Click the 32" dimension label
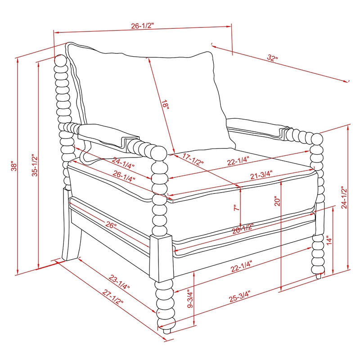[x=272, y=58]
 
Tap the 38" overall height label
[x=14, y=165]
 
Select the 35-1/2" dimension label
[x=35, y=165]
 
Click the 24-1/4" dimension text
[x=123, y=163]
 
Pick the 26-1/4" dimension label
[x=124, y=176]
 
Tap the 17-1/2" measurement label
[x=193, y=159]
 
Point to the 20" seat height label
[x=277, y=201]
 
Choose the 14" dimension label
[x=329, y=240]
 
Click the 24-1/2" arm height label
[x=344, y=197]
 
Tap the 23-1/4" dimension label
[x=119, y=282]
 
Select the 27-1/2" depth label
[x=113, y=297]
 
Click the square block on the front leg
[x=161, y=258]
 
